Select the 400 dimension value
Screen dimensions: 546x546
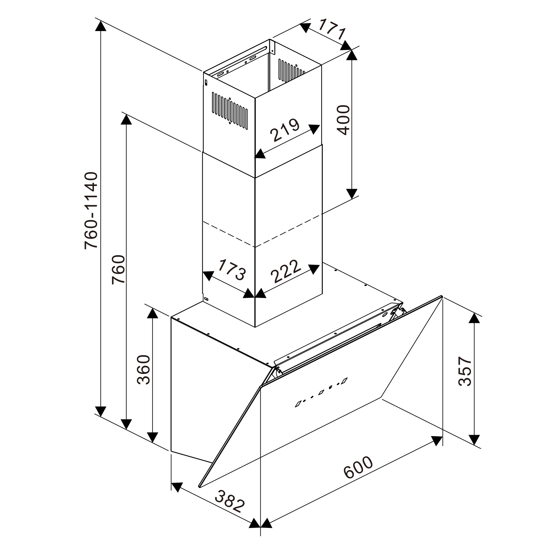pyautogui.click(x=343, y=120)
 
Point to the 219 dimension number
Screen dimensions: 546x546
pyautogui.click(x=286, y=130)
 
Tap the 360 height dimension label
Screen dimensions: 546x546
pyautogui.click(x=143, y=370)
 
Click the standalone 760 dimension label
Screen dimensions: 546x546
pyautogui.click(x=118, y=269)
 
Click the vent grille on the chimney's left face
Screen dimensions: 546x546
pyautogui.click(x=230, y=110)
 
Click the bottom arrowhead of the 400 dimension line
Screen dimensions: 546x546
pyautogui.click(x=351, y=193)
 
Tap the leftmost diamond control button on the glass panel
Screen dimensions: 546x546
pyautogui.click(x=299, y=404)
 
